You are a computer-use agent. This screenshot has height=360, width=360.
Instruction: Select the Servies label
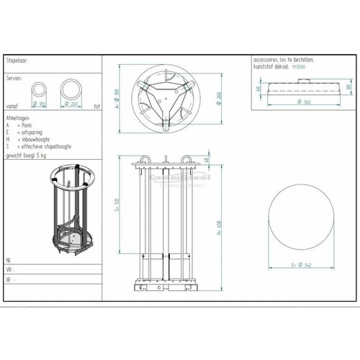pos(14,76)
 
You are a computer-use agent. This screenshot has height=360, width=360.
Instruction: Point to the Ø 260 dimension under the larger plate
pos(73,104)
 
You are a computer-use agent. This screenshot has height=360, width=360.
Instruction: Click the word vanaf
pos(13,104)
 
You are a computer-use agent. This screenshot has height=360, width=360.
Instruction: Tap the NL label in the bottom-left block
pos(9,257)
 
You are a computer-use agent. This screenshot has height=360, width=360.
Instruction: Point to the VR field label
pos(9,266)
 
